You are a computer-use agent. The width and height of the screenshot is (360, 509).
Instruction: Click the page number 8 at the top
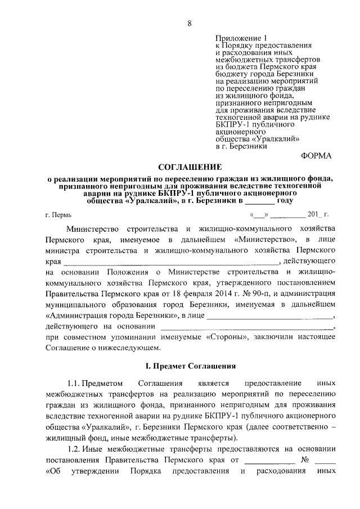(190, 23)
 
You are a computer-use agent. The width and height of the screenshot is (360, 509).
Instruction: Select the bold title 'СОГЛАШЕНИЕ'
(190, 167)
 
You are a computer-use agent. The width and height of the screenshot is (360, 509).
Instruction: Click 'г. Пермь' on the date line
(58, 214)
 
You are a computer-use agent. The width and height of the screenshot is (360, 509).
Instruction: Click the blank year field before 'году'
(259, 200)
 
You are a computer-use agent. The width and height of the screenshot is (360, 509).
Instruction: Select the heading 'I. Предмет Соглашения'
(190, 366)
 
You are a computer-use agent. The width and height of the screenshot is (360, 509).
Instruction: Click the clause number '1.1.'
(76, 384)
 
